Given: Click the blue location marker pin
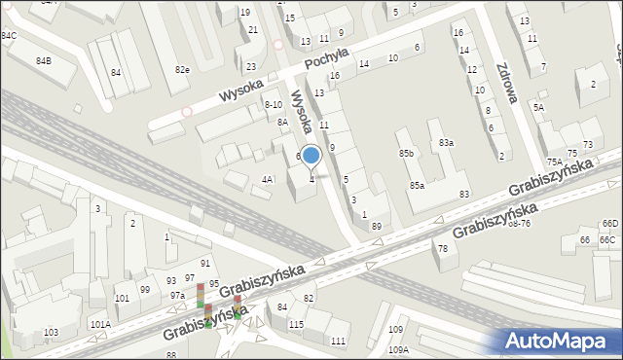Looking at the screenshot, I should coord(311,156).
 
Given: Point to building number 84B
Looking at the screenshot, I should coord(44,61).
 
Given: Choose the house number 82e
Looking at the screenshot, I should coord(182,70).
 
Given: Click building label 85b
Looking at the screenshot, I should coord(406,154).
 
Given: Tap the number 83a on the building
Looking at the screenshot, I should coord(446,143).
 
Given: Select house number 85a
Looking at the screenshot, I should coord(417,185).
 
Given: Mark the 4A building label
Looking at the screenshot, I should coord(268,179).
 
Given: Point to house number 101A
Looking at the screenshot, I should coord(100,324).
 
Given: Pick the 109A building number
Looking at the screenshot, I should coord(398,349).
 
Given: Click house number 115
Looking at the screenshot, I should coord(296,324).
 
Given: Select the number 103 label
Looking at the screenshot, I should coord(51,333).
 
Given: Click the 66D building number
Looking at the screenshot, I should coord(609,225).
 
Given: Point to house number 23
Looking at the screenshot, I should coord(251,67).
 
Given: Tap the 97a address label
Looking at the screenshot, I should coord(177,295).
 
